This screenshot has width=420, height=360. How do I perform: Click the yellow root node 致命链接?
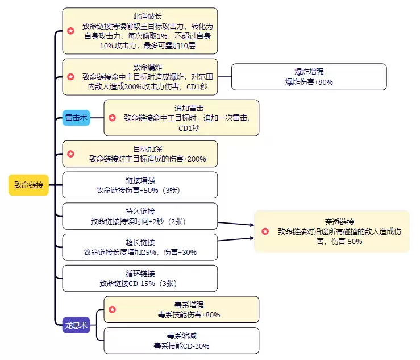point(28,185)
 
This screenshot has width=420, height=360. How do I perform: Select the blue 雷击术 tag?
point(76,118)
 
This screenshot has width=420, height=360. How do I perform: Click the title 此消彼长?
point(139,17)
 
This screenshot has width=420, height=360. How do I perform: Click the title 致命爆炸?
point(139,66)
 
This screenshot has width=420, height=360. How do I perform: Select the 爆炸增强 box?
point(309,77)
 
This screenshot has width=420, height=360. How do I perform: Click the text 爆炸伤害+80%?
point(309,82)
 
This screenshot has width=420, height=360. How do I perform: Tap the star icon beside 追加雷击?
point(112,118)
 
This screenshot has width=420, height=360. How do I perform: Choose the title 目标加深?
point(139,149)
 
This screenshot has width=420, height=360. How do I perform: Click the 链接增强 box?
point(139,185)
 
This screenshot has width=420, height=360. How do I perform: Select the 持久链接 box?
point(139,216)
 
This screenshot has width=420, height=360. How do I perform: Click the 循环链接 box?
point(139,278)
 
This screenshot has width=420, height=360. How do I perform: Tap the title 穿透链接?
point(340,221)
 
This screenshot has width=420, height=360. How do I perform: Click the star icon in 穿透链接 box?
point(265,231)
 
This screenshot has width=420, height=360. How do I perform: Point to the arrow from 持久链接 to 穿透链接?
point(236,224)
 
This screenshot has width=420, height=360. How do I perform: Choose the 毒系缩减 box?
point(181,341)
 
